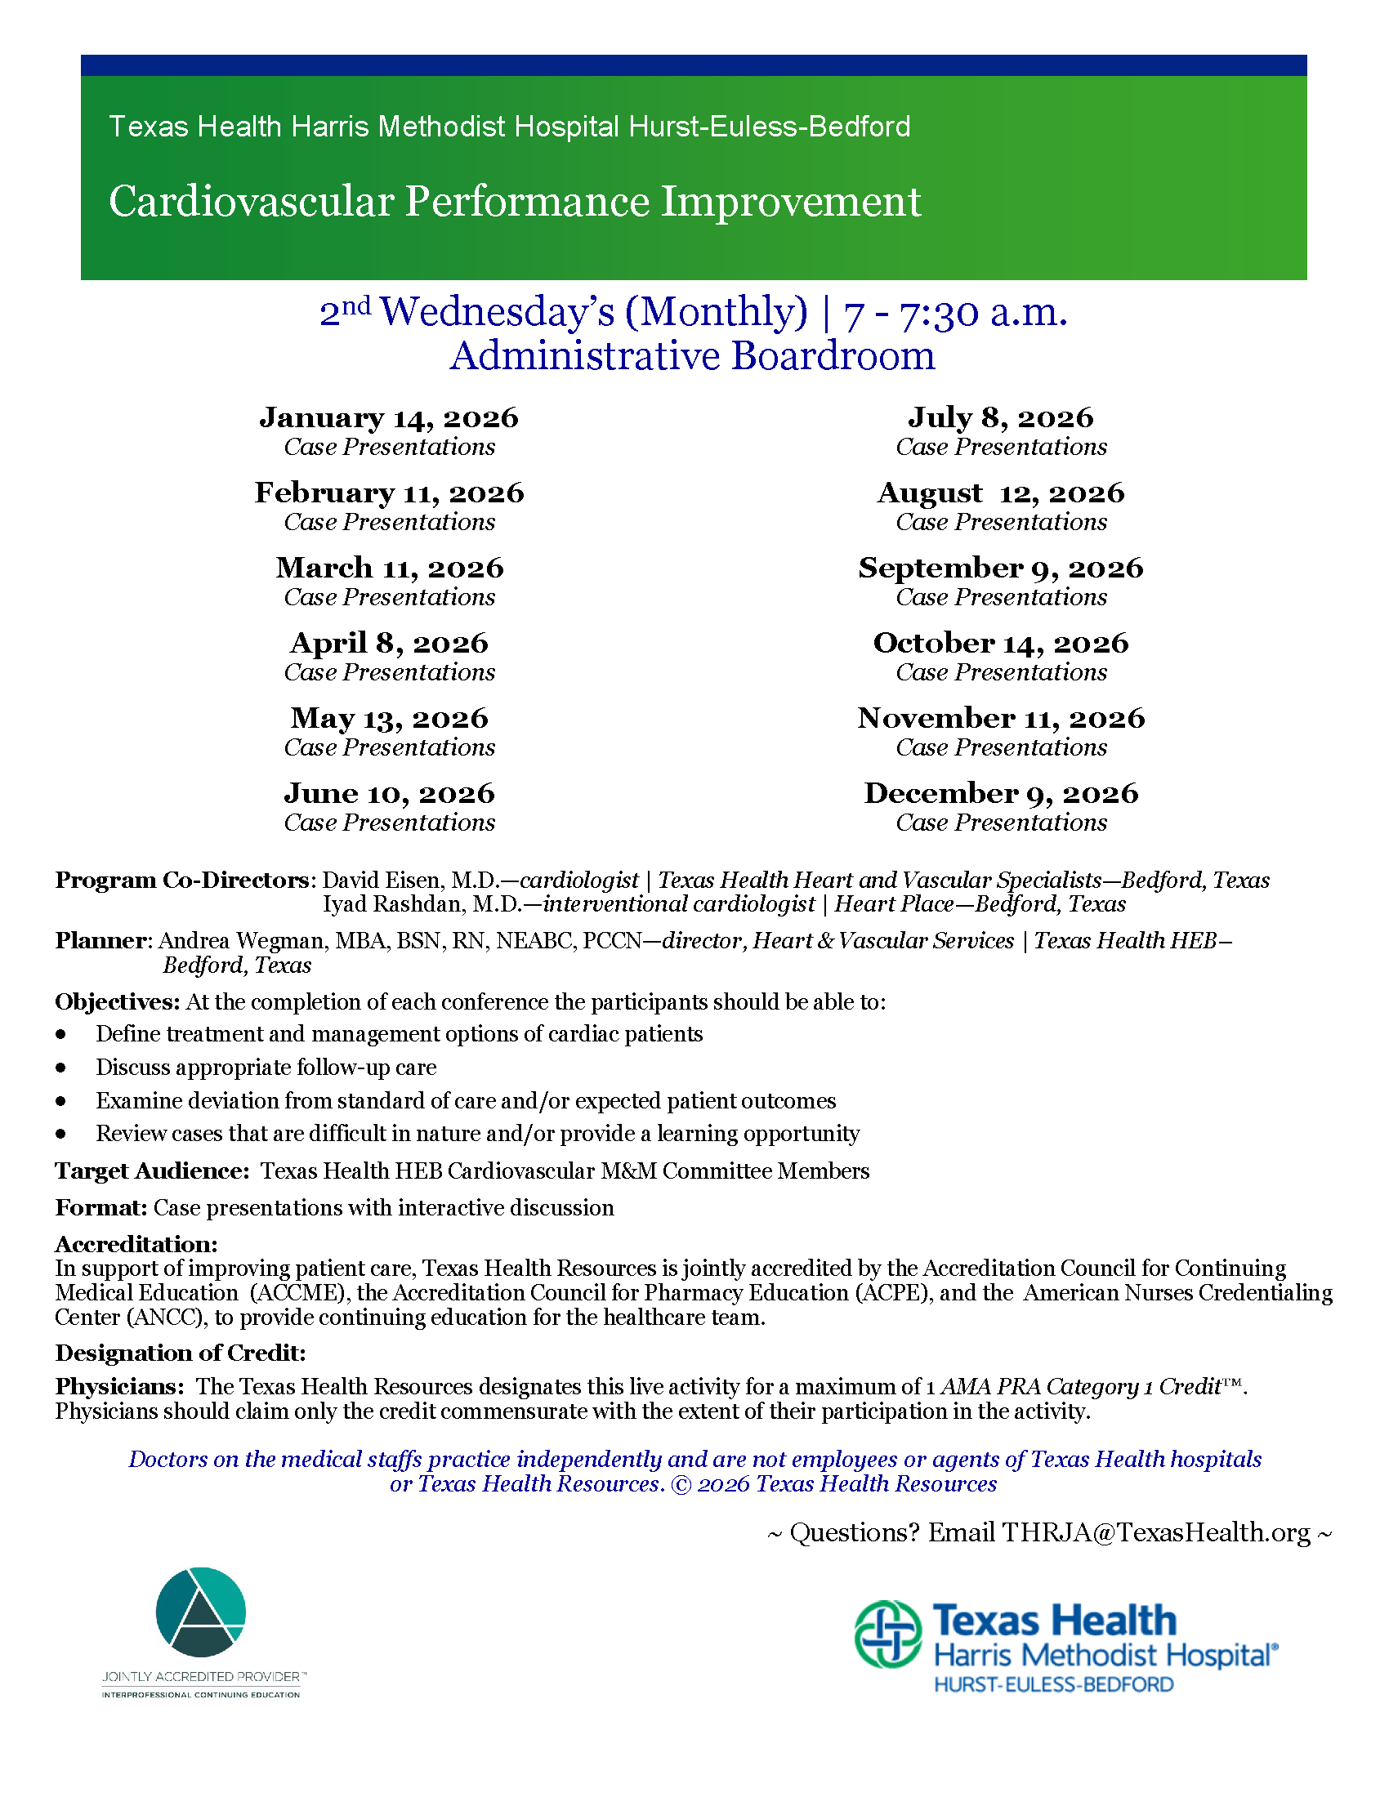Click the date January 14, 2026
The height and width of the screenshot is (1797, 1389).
point(389,418)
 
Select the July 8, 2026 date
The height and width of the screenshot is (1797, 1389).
point(1001,418)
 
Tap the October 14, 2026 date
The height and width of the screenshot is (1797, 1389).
point(1001,644)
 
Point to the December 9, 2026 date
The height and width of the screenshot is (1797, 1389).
point(1001,794)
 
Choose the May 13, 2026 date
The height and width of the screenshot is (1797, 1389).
point(389,719)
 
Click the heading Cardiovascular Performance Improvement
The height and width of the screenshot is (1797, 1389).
point(514,202)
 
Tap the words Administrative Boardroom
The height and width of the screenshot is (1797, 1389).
point(693,356)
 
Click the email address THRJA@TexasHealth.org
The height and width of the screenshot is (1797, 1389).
point(1156,1533)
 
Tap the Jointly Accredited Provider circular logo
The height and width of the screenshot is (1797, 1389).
point(201,1612)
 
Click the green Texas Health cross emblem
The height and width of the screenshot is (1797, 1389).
point(888,1634)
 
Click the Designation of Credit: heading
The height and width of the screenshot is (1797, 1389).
point(181,1353)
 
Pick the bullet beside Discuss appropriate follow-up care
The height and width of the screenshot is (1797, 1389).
point(61,1068)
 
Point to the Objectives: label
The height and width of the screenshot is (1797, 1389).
point(117,1002)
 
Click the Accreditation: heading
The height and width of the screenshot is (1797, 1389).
point(136,1244)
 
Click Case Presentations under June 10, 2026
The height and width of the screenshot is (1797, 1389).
point(389,823)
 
